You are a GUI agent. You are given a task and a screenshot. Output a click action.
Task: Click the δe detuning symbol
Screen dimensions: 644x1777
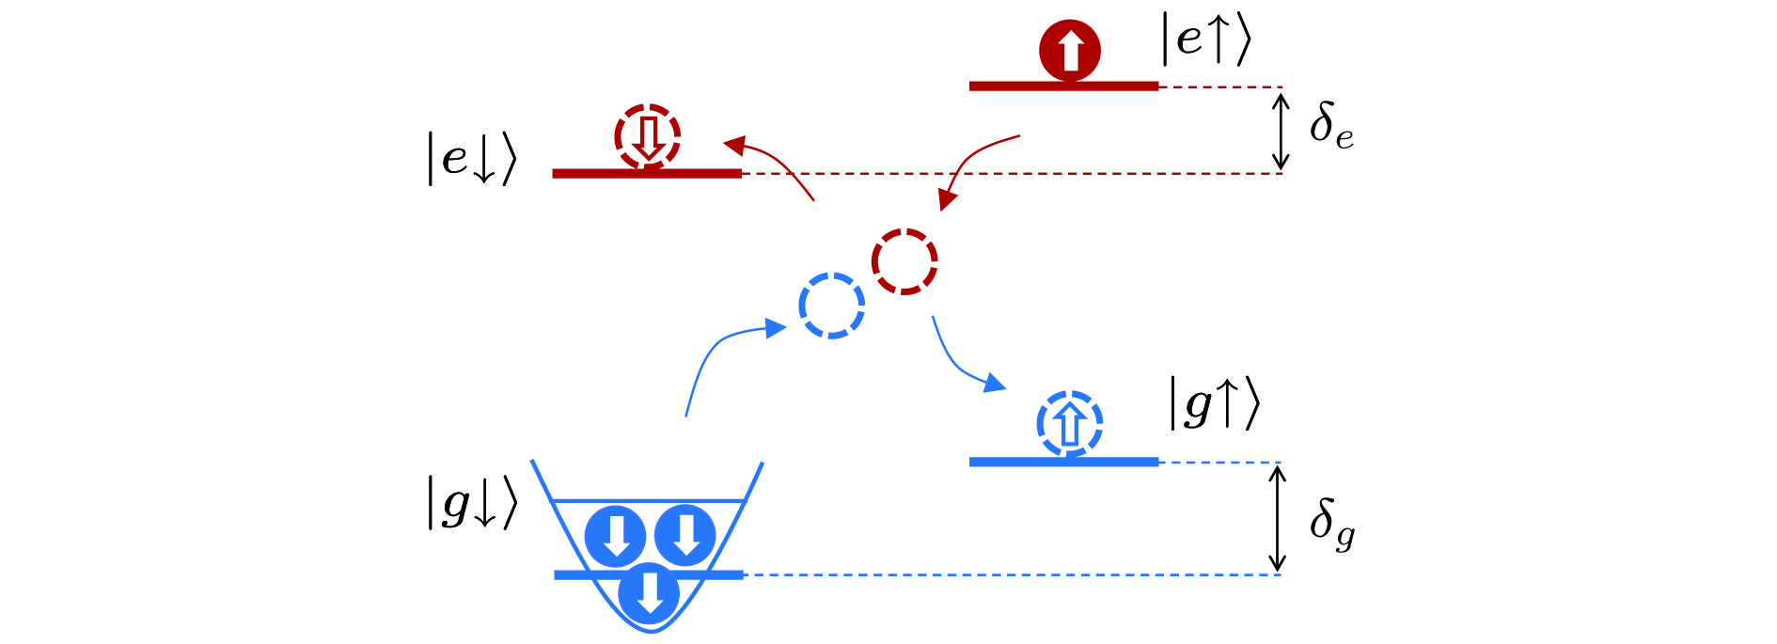pyautogui.click(x=1330, y=125)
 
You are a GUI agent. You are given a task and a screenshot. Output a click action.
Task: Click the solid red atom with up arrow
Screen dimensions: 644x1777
pyautogui.click(x=1069, y=50)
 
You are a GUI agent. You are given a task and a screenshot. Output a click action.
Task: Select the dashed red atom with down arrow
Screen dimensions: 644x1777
pyautogui.click(x=647, y=136)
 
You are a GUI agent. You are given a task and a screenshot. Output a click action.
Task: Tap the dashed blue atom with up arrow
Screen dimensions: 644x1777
pyautogui.click(x=1069, y=424)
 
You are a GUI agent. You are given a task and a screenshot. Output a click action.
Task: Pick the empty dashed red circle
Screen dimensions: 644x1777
pyautogui.click(x=904, y=261)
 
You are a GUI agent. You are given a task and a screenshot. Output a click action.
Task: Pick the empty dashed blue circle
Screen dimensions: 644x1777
pyautogui.click(x=831, y=306)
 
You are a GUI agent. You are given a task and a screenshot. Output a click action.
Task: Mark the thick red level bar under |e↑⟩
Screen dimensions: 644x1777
pyautogui.click(x=1063, y=86)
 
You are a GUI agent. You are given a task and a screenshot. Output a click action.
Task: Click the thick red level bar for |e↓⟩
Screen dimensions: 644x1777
pyautogui.click(x=646, y=173)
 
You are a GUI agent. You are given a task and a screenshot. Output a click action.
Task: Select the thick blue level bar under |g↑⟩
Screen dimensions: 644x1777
pyautogui.click(x=1063, y=462)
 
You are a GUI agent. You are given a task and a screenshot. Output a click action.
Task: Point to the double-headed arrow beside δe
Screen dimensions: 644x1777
pyautogui.click(x=1280, y=131)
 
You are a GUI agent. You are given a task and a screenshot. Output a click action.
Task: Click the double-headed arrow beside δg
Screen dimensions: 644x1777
pyautogui.click(x=1276, y=518)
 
